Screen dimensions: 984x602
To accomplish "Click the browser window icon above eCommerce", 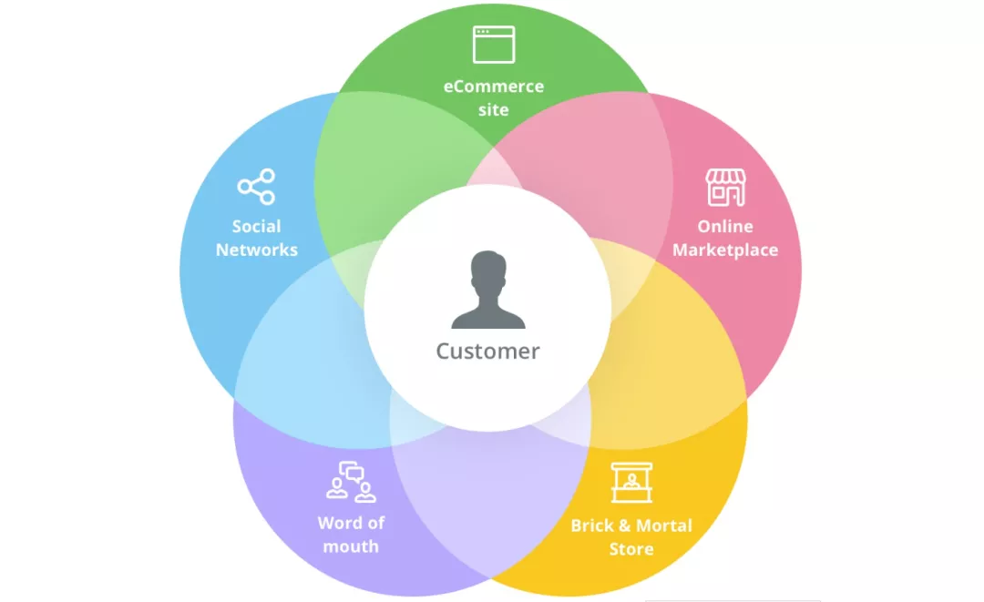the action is pyautogui.click(x=494, y=45).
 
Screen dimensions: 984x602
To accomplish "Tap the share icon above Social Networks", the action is pyautogui.click(x=256, y=186).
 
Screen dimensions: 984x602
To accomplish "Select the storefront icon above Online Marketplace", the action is pyautogui.click(x=726, y=187).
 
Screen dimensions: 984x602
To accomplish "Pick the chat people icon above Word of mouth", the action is pyautogui.click(x=352, y=482).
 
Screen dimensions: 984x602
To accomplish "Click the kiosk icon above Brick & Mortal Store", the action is pyautogui.click(x=632, y=482).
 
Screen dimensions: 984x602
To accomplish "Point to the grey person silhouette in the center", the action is pyautogui.click(x=488, y=290).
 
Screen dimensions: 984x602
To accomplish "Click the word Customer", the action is pyautogui.click(x=487, y=352).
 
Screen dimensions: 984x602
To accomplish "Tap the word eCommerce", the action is pyautogui.click(x=494, y=86).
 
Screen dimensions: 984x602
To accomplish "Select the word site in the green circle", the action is pyautogui.click(x=494, y=109).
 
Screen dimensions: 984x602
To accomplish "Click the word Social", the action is pyautogui.click(x=257, y=226).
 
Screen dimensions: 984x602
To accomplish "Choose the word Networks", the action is pyautogui.click(x=257, y=250).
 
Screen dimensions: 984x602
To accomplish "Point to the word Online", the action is pyautogui.click(x=725, y=226).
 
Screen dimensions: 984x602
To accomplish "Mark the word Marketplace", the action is pyautogui.click(x=725, y=250).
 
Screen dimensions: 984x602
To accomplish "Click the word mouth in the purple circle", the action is pyautogui.click(x=351, y=546).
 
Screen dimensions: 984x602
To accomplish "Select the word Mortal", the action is pyautogui.click(x=664, y=525).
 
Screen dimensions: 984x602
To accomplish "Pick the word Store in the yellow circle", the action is pyautogui.click(x=632, y=549).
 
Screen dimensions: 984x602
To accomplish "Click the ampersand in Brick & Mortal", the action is pyautogui.click(x=624, y=525).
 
